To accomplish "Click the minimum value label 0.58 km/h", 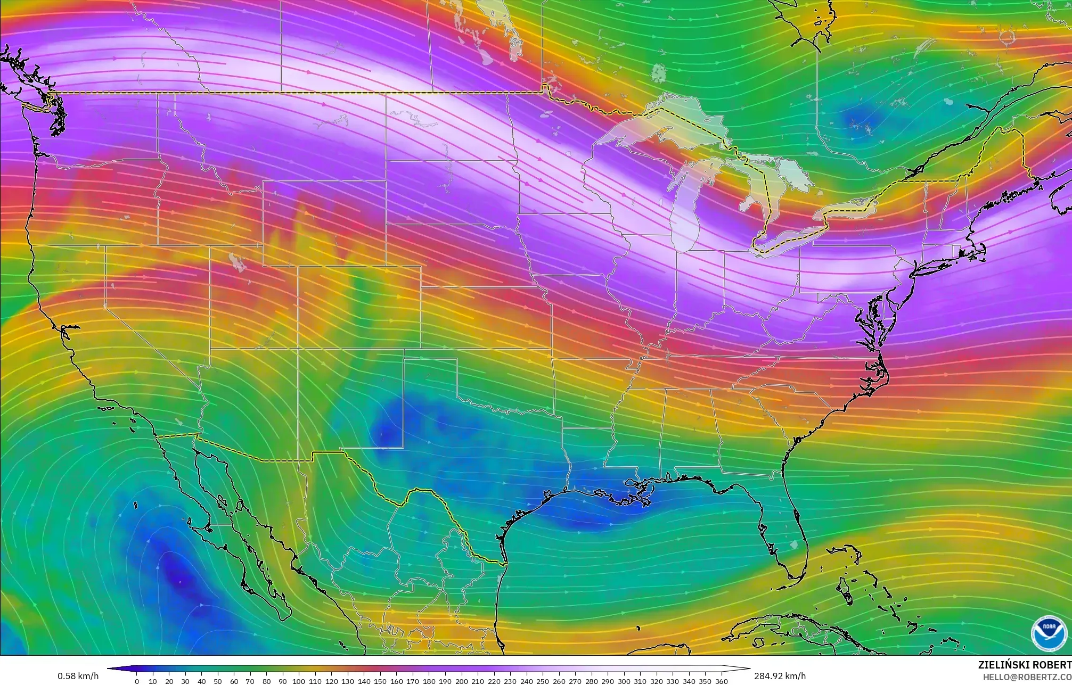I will click(x=78, y=676).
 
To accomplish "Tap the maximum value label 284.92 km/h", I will click(x=780, y=676).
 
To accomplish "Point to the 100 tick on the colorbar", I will click(x=299, y=681).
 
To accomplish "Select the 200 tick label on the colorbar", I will click(x=462, y=681).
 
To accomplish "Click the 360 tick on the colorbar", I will click(x=721, y=681).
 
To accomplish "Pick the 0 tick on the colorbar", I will click(x=137, y=681).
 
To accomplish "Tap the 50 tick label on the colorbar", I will click(x=218, y=681).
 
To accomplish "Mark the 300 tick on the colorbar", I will click(x=624, y=681).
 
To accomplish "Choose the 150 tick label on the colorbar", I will click(x=380, y=681).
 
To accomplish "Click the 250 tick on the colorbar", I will click(x=543, y=681).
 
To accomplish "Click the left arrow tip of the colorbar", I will click(x=109, y=669).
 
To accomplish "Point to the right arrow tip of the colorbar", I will click(x=749, y=669).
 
